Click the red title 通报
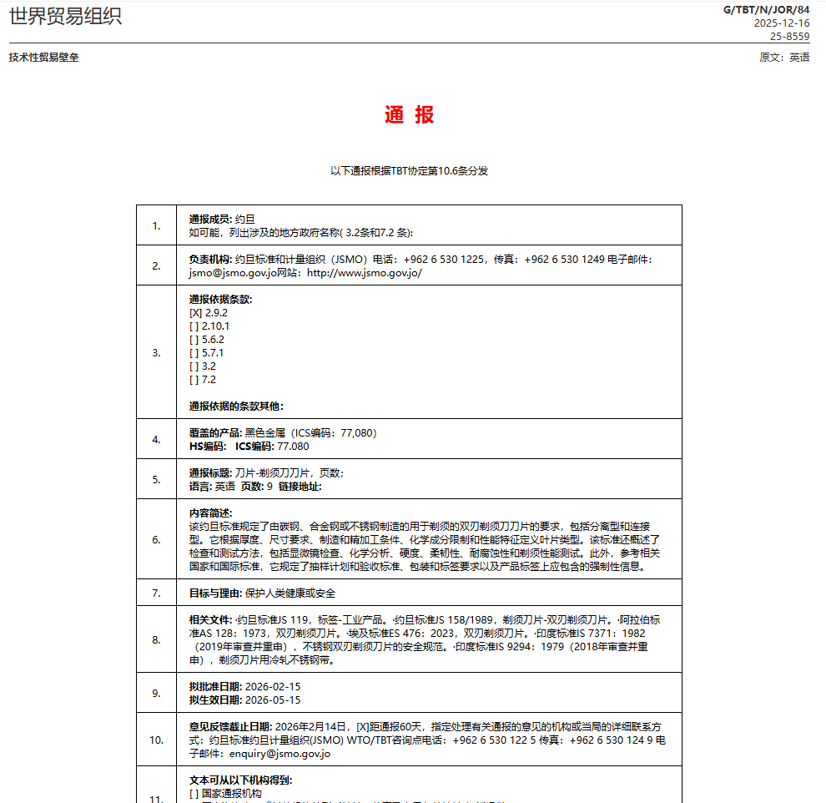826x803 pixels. click(x=409, y=115)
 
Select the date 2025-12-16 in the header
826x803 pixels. click(x=781, y=23)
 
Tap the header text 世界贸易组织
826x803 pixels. click(x=65, y=16)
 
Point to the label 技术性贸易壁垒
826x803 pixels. click(x=44, y=58)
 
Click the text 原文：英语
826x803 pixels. click(x=783, y=58)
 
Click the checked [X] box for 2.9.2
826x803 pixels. click(x=195, y=313)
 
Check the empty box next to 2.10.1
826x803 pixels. click(x=195, y=326)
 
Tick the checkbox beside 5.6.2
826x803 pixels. click(x=195, y=340)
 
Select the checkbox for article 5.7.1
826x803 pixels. click(x=195, y=353)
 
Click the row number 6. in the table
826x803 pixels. click(x=156, y=539)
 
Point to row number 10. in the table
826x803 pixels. click(x=156, y=740)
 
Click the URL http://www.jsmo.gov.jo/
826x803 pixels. click(x=365, y=273)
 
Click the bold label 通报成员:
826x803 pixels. click(x=210, y=219)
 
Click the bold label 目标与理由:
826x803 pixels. click(x=215, y=593)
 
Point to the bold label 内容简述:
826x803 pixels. click(x=210, y=513)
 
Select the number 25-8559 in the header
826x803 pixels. click(x=789, y=37)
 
